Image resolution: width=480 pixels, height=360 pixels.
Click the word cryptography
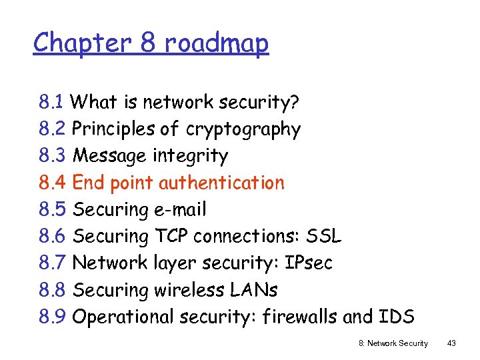click(x=243, y=129)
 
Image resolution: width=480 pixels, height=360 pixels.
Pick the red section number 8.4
click(x=52, y=183)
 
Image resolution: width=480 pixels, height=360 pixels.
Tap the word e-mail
click(x=181, y=210)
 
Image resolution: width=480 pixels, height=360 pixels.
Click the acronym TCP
click(x=171, y=236)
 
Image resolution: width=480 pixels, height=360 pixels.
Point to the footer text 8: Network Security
click(x=394, y=343)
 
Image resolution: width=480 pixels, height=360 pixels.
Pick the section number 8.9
click(x=52, y=317)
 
